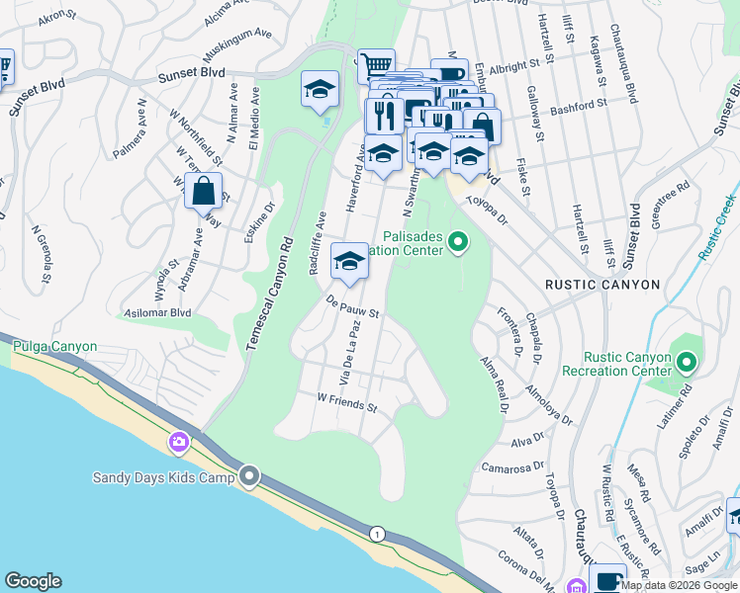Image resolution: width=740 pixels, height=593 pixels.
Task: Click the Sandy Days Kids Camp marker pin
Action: coord(249,477)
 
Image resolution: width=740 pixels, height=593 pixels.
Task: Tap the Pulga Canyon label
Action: coord(54,347)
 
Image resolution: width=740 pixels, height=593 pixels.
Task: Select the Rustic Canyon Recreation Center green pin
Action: coord(685,364)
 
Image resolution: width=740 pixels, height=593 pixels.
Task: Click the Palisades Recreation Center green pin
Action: coord(457,241)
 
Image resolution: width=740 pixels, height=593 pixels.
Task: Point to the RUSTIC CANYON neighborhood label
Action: coord(602,285)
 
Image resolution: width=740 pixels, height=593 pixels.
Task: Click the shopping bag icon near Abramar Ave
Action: coord(203,191)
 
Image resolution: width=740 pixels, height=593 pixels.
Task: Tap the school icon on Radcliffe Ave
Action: coord(348,262)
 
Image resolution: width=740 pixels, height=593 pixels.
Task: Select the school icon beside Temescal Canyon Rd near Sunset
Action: coord(320,90)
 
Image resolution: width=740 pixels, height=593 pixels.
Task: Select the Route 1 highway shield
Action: coord(375,534)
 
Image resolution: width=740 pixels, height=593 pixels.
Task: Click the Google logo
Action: coord(34,581)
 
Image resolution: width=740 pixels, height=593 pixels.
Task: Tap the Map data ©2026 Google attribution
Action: coord(679,584)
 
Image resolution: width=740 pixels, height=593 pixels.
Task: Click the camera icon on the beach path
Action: coord(179,441)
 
